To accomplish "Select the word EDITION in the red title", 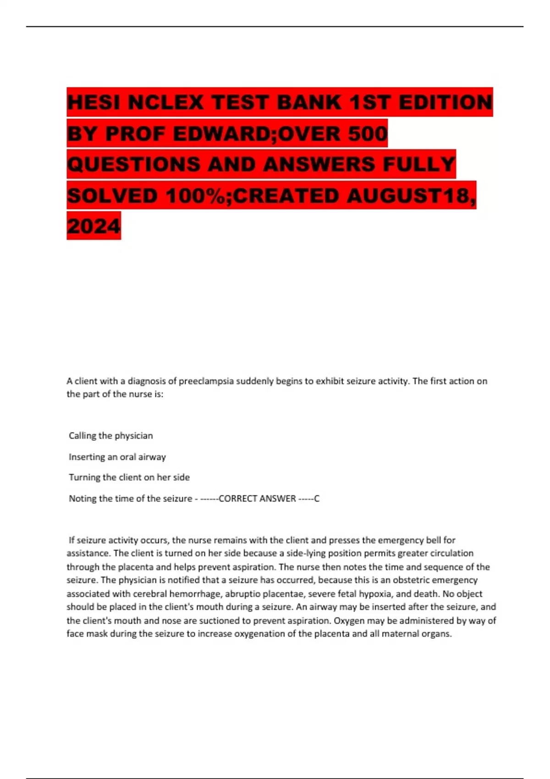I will (x=445, y=102).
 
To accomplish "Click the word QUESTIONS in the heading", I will (x=133, y=164).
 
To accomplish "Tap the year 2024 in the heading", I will (x=93, y=226).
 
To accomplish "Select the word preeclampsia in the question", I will (x=206, y=381).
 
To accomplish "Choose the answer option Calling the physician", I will (x=110, y=435).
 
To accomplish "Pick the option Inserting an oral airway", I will (x=117, y=456).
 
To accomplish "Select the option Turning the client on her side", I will (x=129, y=477).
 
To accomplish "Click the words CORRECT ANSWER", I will (x=257, y=499).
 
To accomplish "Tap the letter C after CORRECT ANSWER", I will (x=317, y=499).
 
